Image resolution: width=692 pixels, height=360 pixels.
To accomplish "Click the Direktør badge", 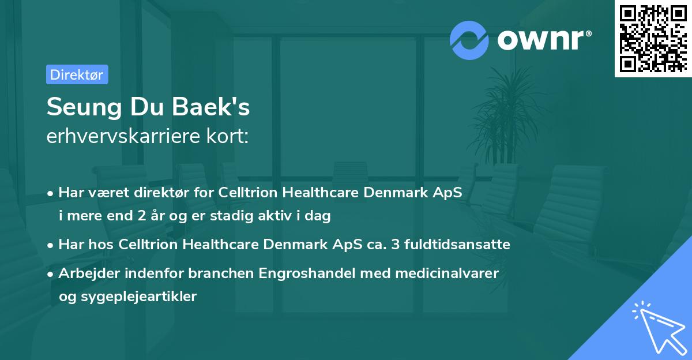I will click(77, 74).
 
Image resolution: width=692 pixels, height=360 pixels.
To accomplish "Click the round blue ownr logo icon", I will click(469, 40).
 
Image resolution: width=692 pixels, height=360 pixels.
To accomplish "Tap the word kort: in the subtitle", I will click(230, 137).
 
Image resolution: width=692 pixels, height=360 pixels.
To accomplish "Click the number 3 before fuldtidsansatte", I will click(394, 245).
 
